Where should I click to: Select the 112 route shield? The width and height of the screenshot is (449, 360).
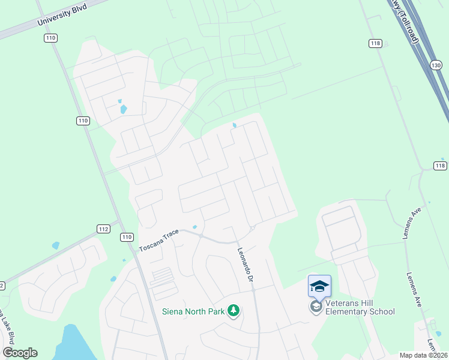103,229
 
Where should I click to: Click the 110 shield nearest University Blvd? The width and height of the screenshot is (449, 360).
50,38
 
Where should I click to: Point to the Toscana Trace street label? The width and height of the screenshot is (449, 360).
159,239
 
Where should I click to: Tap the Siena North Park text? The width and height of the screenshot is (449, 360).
193,311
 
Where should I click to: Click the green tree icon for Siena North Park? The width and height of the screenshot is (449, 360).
234,311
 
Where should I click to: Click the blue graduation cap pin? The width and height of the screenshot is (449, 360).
319,286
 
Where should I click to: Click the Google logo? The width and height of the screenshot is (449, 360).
20,353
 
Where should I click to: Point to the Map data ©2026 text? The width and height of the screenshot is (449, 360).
423,355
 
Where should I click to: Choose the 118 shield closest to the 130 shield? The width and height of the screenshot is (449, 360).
375,43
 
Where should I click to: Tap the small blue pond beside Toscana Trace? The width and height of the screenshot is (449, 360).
194,227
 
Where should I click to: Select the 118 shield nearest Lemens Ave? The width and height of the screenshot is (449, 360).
440,166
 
